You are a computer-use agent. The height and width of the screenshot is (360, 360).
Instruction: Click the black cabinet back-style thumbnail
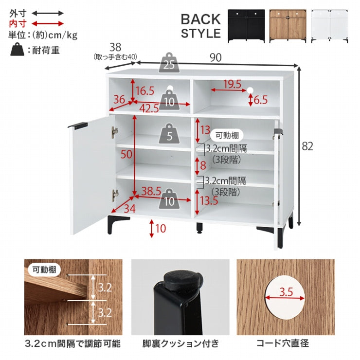(x=246, y=26)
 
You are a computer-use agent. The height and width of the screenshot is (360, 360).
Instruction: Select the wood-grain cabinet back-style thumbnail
(x=288, y=26)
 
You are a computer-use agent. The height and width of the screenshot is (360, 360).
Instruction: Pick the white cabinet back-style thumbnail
(x=329, y=26)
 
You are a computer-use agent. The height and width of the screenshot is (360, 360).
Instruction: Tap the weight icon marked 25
(x=169, y=63)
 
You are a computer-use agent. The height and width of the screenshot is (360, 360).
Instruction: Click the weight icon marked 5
(x=169, y=134)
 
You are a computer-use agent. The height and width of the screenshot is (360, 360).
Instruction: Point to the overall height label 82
(x=307, y=146)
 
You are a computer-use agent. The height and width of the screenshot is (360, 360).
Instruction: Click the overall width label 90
(x=216, y=57)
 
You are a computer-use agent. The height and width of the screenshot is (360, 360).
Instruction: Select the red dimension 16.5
(x=145, y=90)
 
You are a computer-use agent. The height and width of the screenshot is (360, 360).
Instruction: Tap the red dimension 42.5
(x=149, y=108)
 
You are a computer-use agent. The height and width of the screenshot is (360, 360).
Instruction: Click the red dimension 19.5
(x=233, y=84)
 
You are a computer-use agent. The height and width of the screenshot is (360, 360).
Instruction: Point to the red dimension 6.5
(x=261, y=100)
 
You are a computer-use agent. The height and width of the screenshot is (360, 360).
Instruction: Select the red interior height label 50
(x=126, y=154)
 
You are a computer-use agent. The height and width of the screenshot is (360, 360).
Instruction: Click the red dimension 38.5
(x=151, y=191)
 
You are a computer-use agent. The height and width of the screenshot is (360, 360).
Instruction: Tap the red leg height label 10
(x=161, y=229)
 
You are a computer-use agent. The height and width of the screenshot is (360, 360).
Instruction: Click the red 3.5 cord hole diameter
(x=286, y=292)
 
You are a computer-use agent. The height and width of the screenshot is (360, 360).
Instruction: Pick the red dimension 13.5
(x=209, y=200)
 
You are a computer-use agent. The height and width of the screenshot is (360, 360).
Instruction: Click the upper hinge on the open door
(x=114, y=132)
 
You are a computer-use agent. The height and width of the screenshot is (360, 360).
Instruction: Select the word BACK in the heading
(x=200, y=19)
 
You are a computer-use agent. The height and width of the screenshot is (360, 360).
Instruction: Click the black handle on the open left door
(x=78, y=126)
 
